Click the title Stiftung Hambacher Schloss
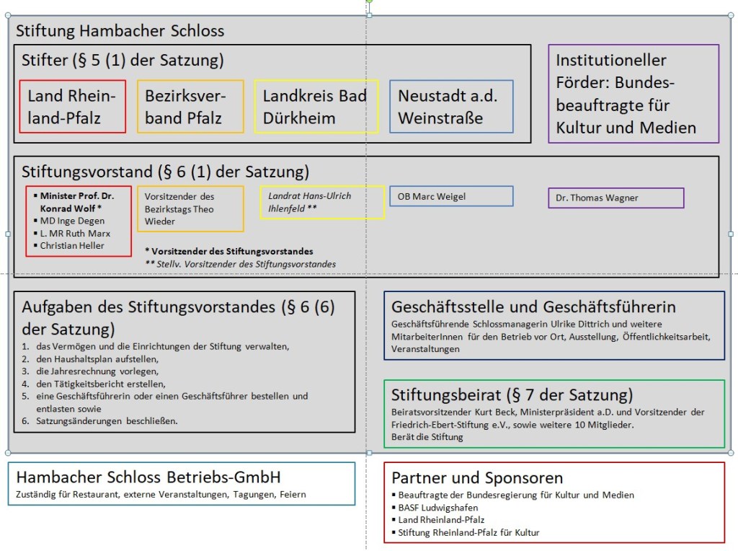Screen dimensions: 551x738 coord(120,31)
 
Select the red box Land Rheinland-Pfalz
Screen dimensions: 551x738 coord(72,107)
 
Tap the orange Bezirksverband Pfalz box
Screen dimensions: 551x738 coord(190,107)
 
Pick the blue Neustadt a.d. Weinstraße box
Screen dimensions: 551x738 coord(451,107)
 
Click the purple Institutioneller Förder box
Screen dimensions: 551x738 coord(633,94)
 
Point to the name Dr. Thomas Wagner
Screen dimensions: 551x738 coord(597,198)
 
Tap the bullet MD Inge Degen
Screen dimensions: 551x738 coord(71,221)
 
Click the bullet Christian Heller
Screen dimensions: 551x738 coord(71,245)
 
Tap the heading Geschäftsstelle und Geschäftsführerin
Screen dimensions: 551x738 coord(533,307)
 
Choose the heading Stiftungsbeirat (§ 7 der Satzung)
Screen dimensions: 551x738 coord(512,394)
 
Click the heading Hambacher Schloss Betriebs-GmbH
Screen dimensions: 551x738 coord(148,477)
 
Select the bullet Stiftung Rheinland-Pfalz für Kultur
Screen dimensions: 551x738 coord(468,532)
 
